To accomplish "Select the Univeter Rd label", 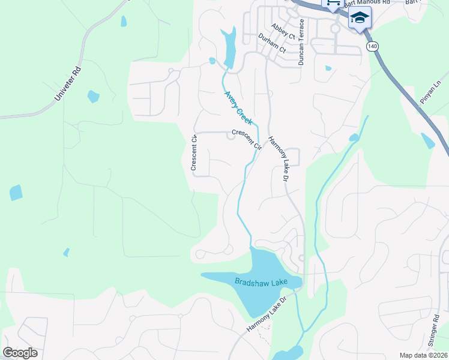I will [x=67, y=88].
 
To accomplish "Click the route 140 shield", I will [x=372, y=46].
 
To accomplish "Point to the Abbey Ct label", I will [x=283, y=32].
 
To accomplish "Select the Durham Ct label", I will [x=273, y=44].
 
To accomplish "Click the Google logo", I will [x=20, y=353].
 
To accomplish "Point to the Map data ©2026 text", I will [x=423, y=355].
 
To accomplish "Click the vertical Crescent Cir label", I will [x=194, y=154].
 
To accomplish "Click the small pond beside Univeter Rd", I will [x=93, y=96].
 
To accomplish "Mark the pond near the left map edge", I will [x=16, y=193].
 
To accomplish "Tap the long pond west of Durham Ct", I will [x=229, y=48].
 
